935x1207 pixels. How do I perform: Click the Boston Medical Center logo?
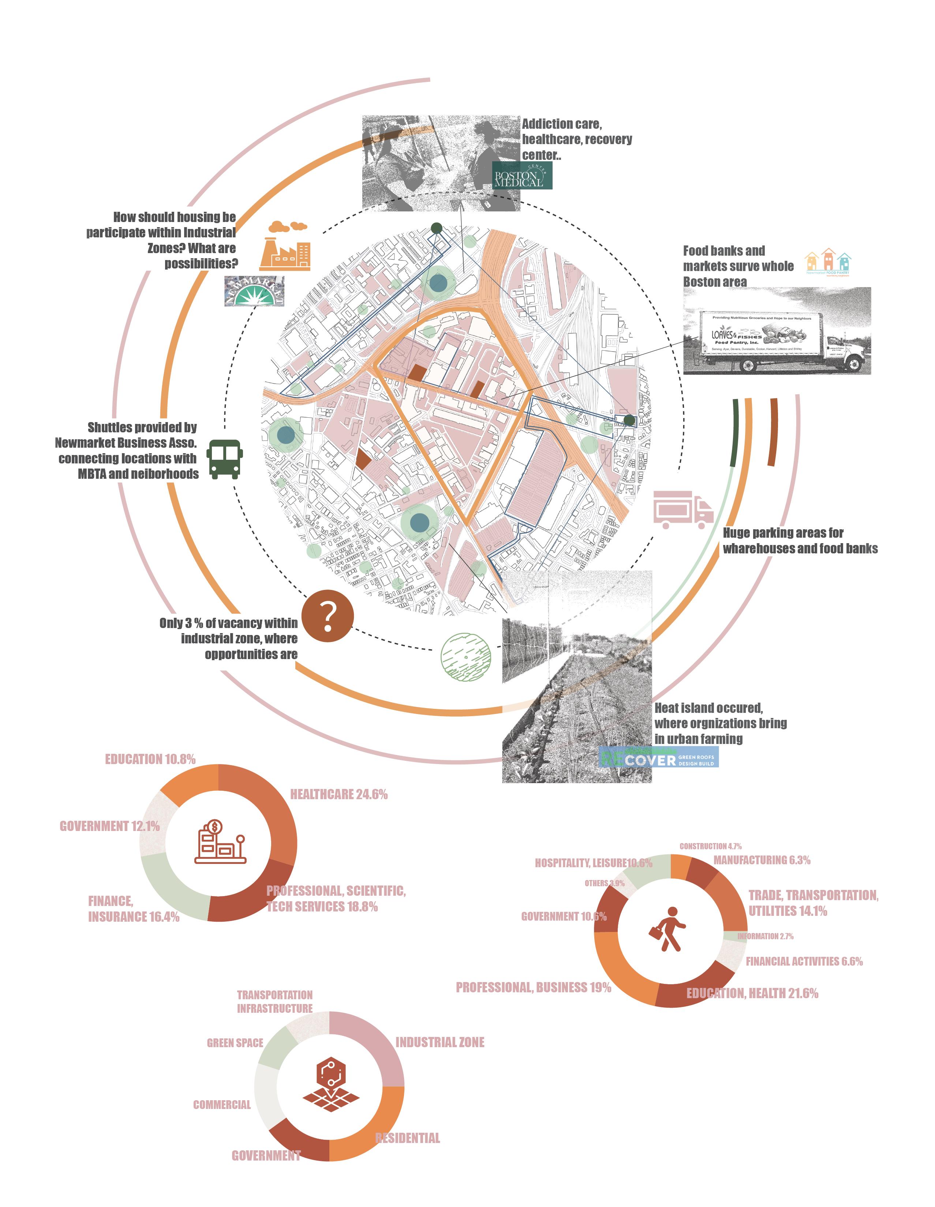pyautogui.click(x=522, y=176)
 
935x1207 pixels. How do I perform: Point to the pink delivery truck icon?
pyautogui.click(x=683, y=510)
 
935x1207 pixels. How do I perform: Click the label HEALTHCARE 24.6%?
pyautogui.click(x=339, y=795)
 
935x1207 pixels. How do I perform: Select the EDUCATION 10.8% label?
pyautogui.click(x=150, y=759)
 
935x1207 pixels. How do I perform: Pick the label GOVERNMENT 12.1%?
pyautogui.click(x=109, y=826)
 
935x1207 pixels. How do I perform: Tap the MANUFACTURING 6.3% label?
pyautogui.click(x=762, y=860)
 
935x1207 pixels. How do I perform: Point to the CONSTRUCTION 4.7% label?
pyautogui.click(x=710, y=846)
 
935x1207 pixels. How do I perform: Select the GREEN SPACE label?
pyautogui.click(x=235, y=1043)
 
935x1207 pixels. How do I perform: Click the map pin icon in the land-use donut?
pyautogui.click(x=331, y=1084)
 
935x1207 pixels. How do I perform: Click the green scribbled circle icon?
pyautogui.click(x=465, y=656)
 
